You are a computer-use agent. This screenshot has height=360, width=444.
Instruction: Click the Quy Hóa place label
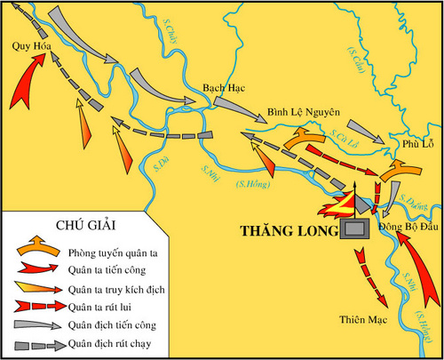coord(29,47)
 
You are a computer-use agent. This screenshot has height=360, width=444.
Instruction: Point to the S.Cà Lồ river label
coord(342,135)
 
